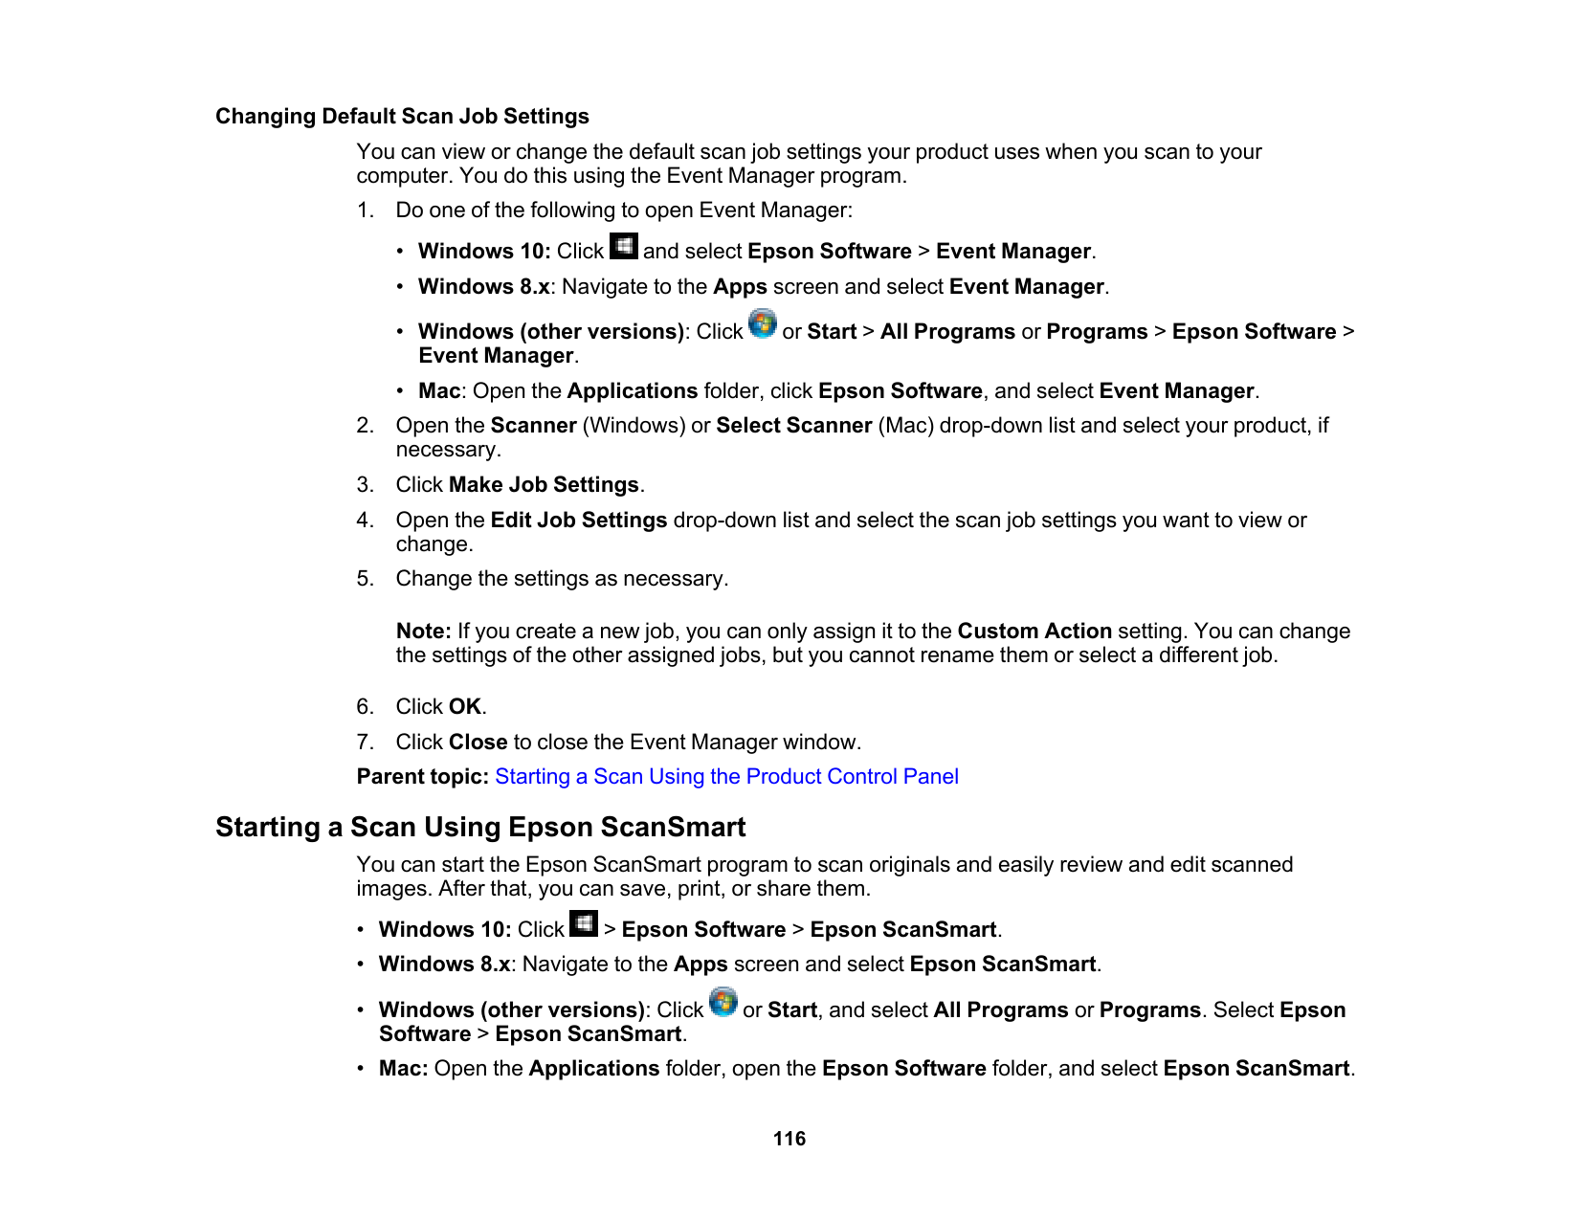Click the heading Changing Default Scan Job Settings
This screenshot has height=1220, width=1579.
pos(402,117)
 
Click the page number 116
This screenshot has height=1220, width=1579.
pos(789,1139)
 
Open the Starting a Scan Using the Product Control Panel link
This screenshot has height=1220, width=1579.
pos(726,777)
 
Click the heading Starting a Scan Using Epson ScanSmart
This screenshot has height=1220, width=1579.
pos(480,827)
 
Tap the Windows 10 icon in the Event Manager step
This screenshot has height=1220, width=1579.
pos(624,247)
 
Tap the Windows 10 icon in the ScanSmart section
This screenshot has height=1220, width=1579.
pos(584,924)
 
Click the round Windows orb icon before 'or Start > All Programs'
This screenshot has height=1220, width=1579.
pos(763,324)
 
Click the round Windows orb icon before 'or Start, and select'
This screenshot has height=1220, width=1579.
pos(723,1003)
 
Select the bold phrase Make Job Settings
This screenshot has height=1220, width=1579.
pos(544,485)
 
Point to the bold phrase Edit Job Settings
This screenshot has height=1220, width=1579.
pos(579,521)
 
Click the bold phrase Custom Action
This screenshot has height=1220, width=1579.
pos(1034,632)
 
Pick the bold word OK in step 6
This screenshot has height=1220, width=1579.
pos(465,707)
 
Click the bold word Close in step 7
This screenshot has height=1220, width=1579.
pos(478,743)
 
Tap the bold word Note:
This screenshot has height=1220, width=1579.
pos(424,632)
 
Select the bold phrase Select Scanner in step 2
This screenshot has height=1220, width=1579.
pos(794,426)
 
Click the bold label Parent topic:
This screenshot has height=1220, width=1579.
pos(423,777)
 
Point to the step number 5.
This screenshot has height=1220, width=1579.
pos(365,579)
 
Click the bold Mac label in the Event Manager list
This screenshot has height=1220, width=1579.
pos(439,391)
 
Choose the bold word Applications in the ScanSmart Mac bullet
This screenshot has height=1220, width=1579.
pos(594,1069)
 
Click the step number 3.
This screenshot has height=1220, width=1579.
pos(365,485)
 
